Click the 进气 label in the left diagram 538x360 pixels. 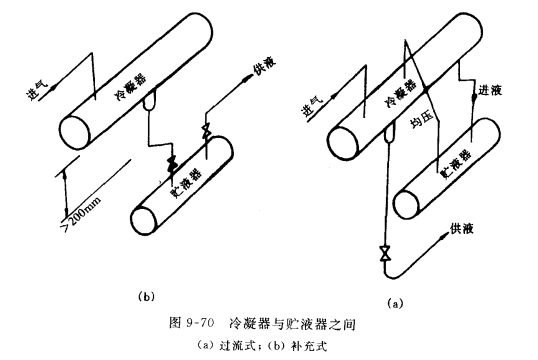(37, 91)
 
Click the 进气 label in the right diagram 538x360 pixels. (312, 107)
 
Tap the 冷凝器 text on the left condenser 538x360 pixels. (131, 87)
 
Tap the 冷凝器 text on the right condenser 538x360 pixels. (401, 92)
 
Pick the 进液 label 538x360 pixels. (490, 91)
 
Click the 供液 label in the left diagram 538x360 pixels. (264, 69)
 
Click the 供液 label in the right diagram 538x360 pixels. (462, 229)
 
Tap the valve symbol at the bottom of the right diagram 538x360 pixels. (385, 253)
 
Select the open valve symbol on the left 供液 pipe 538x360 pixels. (207, 132)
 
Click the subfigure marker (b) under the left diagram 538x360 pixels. (146, 296)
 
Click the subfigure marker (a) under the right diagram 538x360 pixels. (395, 303)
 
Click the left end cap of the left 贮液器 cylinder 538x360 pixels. (144, 221)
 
